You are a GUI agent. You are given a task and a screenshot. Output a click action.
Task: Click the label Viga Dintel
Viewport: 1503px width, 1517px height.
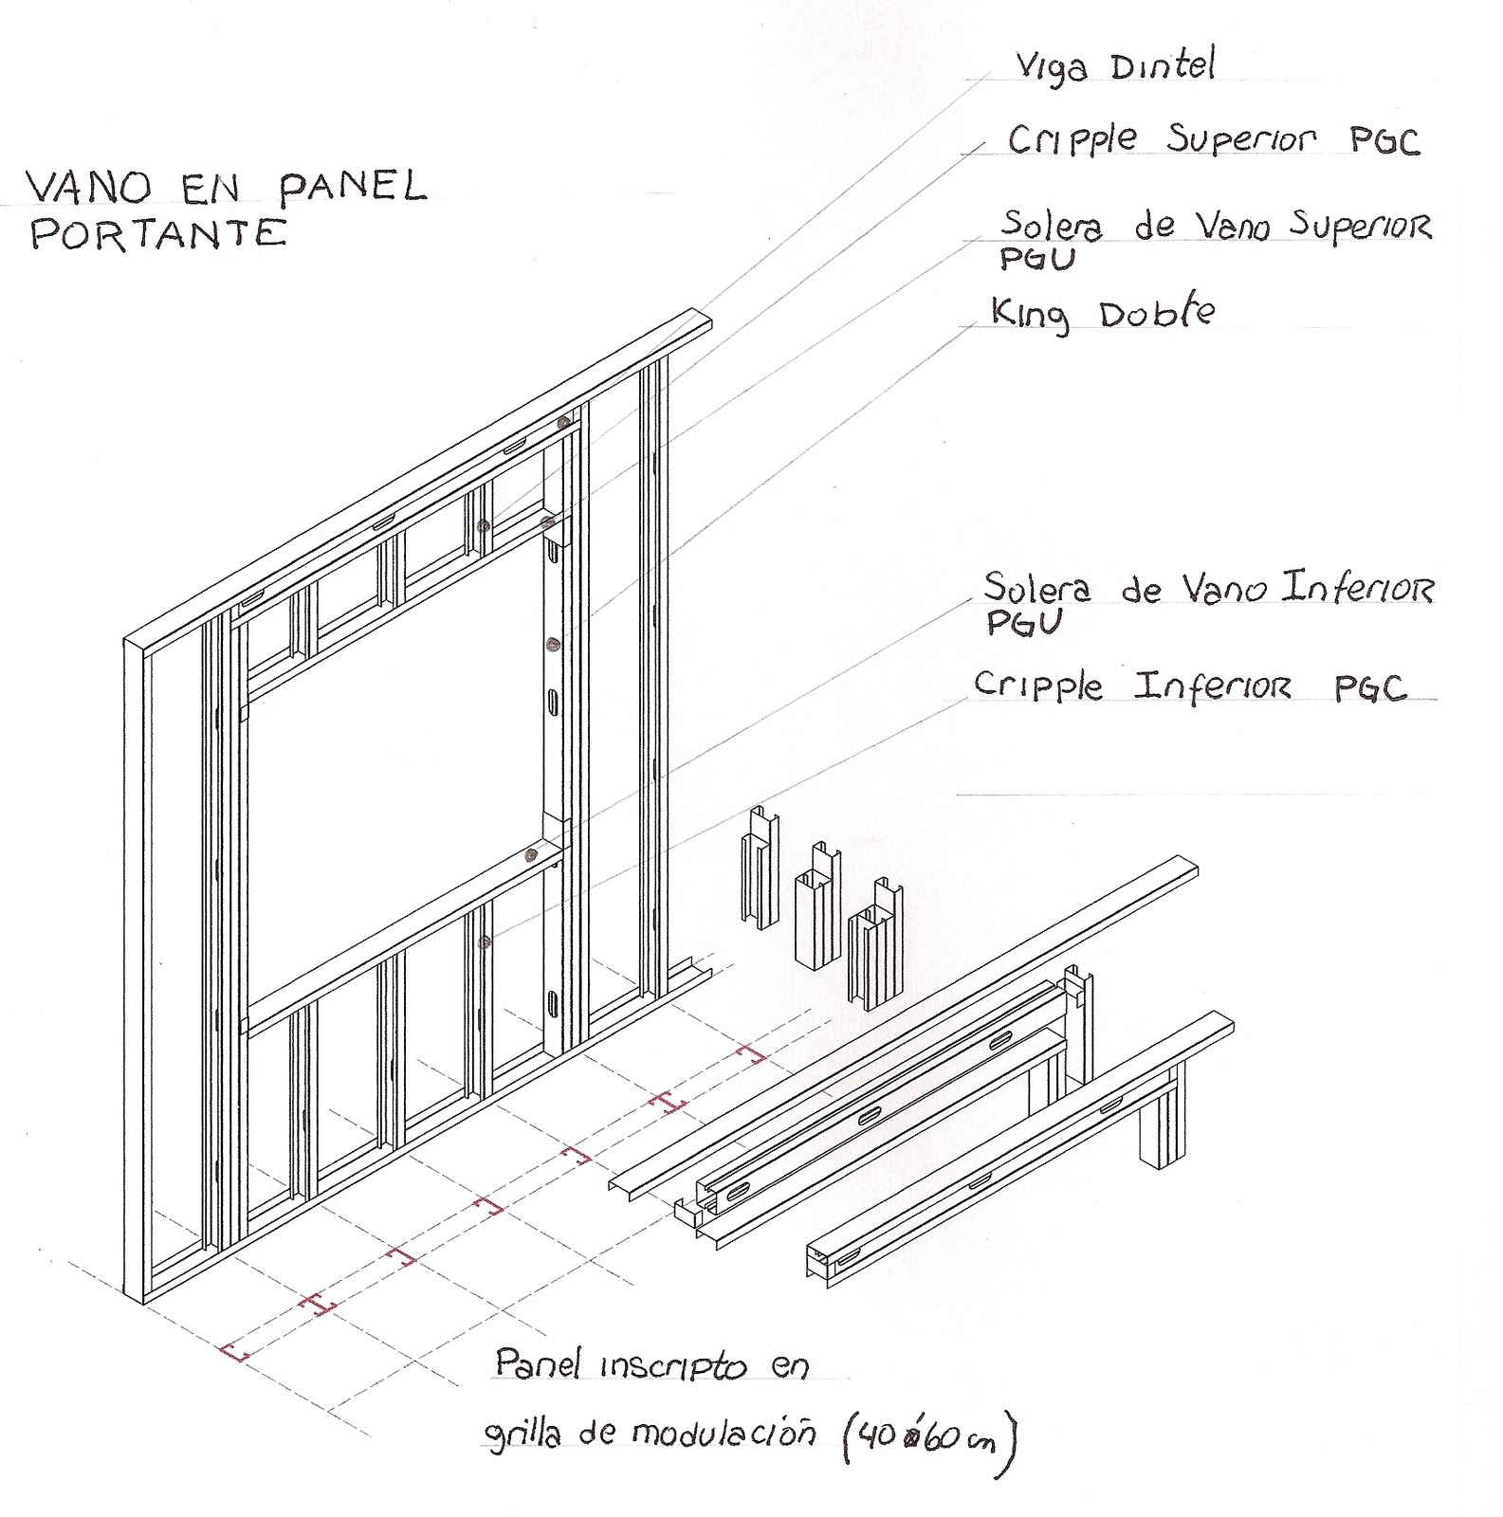coord(1114,66)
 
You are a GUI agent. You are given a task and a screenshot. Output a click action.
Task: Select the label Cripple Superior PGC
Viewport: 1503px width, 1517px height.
coord(1213,140)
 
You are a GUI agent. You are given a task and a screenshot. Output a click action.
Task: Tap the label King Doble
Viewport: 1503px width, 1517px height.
coord(1103,314)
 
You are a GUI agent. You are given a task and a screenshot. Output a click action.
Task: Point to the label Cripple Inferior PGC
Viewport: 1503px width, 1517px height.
coord(1190,685)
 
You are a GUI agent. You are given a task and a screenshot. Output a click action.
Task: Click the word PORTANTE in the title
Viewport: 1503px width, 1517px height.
coord(158,234)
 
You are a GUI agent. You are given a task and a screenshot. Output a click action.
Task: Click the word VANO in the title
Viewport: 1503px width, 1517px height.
coord(88,187)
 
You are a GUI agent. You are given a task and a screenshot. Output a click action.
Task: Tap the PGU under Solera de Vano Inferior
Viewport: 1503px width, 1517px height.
coord(1023,623)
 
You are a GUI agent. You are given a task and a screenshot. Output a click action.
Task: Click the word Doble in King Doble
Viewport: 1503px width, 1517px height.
coord(1157,314)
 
